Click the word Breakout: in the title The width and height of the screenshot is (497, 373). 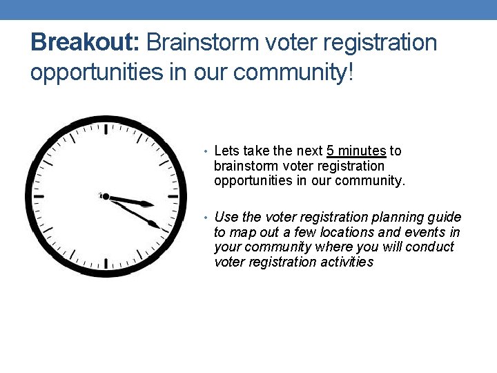[x=86, y=43]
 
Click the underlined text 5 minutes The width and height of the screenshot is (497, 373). [x=356, y=151]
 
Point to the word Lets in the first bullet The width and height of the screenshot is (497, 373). [x=226, y=151]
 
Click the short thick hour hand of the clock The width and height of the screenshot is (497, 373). [x=131, y=201]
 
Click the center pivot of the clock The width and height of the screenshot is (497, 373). [x=105, y=196]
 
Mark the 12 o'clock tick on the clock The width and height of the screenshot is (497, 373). [x=105, y=129]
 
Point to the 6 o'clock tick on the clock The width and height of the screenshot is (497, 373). [x=105, y=263]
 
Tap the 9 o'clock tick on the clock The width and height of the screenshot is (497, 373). [x=39, y=196]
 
